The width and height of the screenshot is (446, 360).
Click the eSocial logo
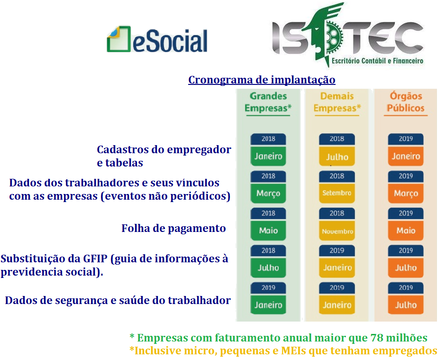click(x=157, y=39)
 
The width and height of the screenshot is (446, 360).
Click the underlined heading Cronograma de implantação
click(x=262, y=80)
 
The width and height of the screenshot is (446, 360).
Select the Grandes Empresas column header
click(x=268, y=102)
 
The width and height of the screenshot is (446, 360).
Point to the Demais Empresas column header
click(x=337, y=102)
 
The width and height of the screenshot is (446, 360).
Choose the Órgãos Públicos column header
click(x=406, y=102)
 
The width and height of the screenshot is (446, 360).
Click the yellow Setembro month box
click(x=337, y=193)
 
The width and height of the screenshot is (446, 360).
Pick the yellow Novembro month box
click(x=337, y=231)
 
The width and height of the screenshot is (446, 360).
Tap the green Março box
click(x=268, y=193)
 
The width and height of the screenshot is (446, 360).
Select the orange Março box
click(x=406, y=193)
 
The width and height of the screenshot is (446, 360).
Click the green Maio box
click(x=268, y=231)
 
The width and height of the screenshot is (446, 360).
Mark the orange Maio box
click(x=406, y=231)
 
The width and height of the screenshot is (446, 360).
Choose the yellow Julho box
click(x=337, y=156)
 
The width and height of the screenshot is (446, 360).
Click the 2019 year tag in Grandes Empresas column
click(x=268, y=288)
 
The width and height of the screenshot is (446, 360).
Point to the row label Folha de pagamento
click(x=173, y=229)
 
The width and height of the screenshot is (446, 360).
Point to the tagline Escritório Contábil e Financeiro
click(x=377, y=61)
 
